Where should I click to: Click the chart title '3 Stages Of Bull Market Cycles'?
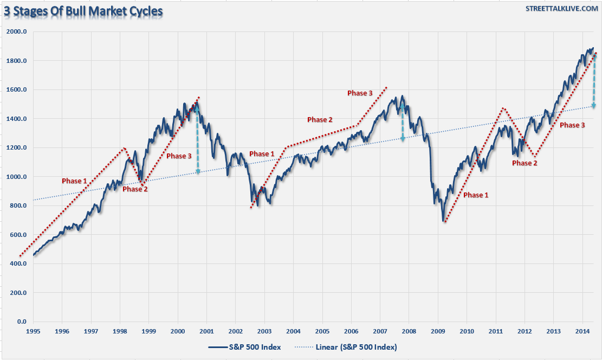click(84, 10)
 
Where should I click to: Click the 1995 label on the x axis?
click(33, 331)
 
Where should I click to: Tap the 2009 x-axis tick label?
click(438, 331)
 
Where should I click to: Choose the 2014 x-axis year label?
click(582, 331)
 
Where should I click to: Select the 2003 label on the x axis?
click(264, 331)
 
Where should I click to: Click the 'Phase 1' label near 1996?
click(74, 181)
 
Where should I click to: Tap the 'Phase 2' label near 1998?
click(135, 189)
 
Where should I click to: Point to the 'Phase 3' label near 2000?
click(179, 156)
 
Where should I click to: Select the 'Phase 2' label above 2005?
click(320, 120)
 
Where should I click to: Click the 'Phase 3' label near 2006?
click(360, 93)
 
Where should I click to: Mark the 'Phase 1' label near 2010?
click(475, 195)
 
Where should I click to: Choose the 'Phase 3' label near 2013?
click(572, 125)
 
